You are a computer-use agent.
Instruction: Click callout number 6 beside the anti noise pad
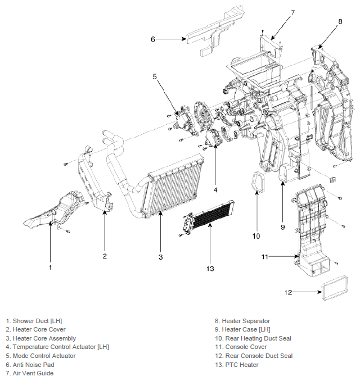(153, 39)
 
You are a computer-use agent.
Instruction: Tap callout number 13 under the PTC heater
(210, 269)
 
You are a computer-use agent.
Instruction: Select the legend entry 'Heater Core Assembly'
(41, 338)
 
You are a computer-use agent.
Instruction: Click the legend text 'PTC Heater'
(237, 365)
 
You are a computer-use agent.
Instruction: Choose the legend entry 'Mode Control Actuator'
(40, 356)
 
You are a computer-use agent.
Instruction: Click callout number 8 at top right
(340, 21)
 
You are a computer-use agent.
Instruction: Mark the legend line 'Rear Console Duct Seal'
(254, 356)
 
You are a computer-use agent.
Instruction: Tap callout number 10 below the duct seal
(256, 236)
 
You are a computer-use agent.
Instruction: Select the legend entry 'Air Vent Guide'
(30, 373)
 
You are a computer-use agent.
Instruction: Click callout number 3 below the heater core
(160, 257)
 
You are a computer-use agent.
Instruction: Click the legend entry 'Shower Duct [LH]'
(34, 321)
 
